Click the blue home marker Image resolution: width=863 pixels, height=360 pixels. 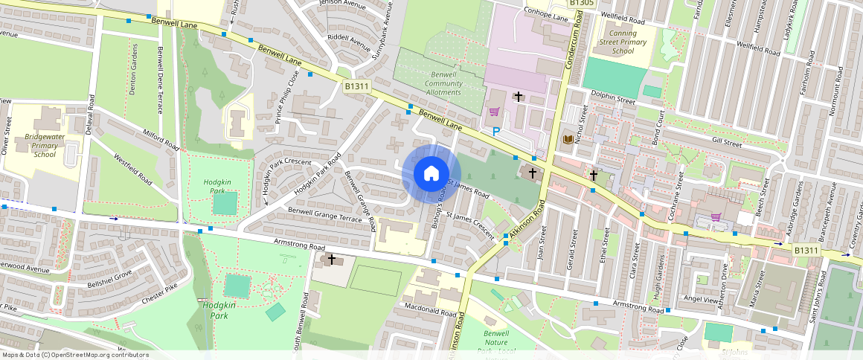pyautogui.click(x=431, y=174)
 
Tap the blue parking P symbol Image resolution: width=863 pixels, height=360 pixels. pyautogui.click(x=496, y=132)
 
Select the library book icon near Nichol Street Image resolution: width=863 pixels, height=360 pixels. pyautogui.click(x=568, y=139)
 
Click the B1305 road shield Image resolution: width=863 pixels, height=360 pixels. pyautogui.click(x=582, y=4)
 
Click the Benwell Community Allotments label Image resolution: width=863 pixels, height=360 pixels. pyautogui.click(x=443, y=83)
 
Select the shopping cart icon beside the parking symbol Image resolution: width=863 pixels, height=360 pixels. pyautogui.click(x=493, y=112)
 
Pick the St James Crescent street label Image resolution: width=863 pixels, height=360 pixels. pyautogui.click(x=472, y=226)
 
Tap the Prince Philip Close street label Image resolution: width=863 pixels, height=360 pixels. pyautogui.click(x=287, y=97)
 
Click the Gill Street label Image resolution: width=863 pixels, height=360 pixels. pyautogui.click(x=727, y=141)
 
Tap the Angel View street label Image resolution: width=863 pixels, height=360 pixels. pyautogui.click(x=700, y=298)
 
